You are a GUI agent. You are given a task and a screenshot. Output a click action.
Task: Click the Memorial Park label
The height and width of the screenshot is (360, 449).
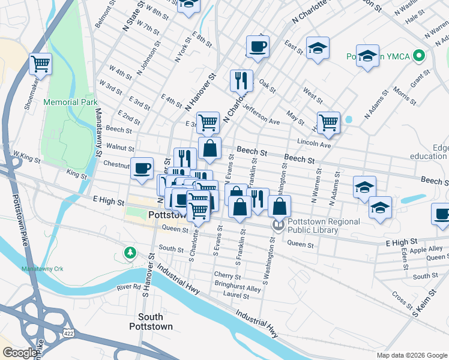coord(70,103)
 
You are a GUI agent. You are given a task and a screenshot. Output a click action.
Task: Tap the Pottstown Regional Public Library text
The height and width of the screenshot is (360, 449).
coord(324,226)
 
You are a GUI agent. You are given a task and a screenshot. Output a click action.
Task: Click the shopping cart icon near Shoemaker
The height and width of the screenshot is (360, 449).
coord(40,63)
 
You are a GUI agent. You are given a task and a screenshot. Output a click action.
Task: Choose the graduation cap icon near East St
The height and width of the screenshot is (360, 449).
coord(318,49)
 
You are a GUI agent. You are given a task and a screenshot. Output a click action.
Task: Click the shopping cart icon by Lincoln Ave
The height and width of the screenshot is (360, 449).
coord(328,122)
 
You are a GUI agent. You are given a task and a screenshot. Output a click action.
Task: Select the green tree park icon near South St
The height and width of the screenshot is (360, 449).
coord(129,253)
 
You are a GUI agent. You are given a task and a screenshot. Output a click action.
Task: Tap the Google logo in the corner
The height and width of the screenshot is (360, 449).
coord(20,353)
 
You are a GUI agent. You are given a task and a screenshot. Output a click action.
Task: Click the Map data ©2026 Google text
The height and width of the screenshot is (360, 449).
coord(412,355)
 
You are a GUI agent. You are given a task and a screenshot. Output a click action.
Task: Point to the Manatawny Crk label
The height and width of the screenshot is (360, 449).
coord(41,268)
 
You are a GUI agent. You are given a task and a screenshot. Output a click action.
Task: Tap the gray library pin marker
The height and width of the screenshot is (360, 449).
coord(277,226)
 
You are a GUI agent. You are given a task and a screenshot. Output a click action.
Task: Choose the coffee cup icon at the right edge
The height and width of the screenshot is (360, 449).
coord(441,214)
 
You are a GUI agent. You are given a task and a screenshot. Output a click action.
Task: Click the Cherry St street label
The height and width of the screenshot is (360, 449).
coord(227,277)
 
